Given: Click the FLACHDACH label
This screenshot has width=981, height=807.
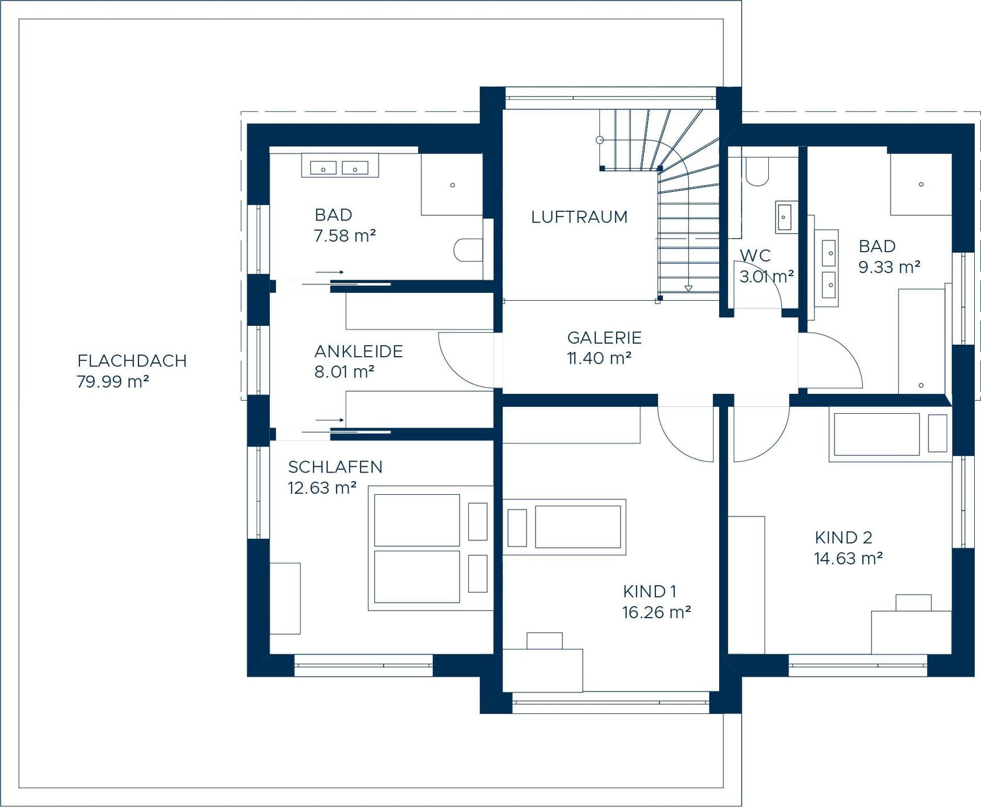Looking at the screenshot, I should [x=132, y=361].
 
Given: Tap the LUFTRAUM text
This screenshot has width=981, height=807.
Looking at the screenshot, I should [x=579, y=217].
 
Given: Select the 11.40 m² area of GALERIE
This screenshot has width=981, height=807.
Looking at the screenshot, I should [x=599, y=358].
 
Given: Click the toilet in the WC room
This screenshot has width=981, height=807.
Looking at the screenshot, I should [x=757, y=172].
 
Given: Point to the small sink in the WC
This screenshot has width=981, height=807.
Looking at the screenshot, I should [x=785, y=217].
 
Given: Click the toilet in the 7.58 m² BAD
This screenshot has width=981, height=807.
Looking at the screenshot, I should [x=468, y=250].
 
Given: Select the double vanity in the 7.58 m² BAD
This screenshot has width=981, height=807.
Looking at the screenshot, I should [x=339, y=168].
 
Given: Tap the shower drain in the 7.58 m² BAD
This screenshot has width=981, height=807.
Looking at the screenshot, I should [x=452, y=185].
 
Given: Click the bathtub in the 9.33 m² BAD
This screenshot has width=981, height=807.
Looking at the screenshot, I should [x=921, y=341].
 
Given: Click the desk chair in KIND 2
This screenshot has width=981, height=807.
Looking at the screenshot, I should [x=913, y=603].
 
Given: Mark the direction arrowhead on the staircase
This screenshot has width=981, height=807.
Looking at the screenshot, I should [x=688, y=288].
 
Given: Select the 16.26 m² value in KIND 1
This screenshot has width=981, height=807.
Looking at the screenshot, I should [x=656, y=612].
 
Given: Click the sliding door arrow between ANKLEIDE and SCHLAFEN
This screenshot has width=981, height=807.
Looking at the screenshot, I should [x=330, y=420].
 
